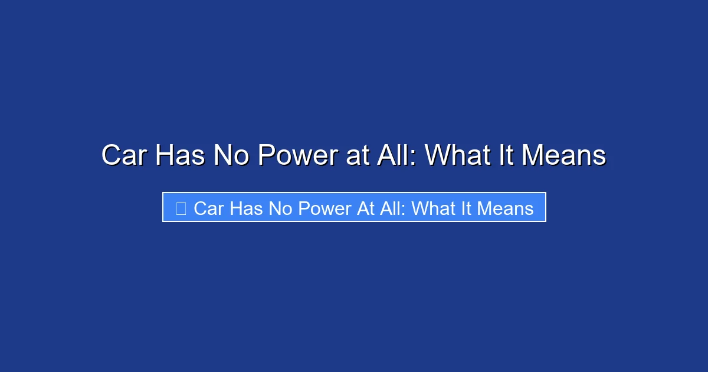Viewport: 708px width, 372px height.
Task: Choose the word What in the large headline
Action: click(458, 156)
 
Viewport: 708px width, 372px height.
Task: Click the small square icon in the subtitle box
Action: click(181, 208)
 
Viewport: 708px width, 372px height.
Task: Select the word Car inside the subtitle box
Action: click(208, 208)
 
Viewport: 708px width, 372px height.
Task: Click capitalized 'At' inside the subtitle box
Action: click(366, 208)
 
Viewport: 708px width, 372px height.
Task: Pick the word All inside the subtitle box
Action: click(392, 208)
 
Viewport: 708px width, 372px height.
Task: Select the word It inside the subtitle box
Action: click(467, 208)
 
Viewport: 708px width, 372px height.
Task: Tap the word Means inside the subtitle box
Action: click(506, 208)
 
